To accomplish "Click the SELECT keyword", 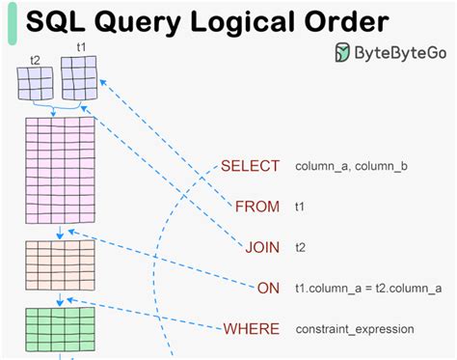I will (250, 166).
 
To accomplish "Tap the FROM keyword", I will (257, 207).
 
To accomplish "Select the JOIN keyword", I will (261, 247).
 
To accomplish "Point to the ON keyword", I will (269, 288).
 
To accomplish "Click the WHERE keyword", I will (252, 329).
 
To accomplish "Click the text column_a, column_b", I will (351, 167).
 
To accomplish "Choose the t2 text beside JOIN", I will (300, 248).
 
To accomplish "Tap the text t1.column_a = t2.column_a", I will (369, 289).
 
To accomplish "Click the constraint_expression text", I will (355, 330).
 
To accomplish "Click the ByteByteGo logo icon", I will (343, 54).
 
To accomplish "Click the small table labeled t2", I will (36, 83).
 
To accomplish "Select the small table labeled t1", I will (79, 77).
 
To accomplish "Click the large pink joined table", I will (59, 170).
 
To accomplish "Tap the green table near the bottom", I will (59, 329).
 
